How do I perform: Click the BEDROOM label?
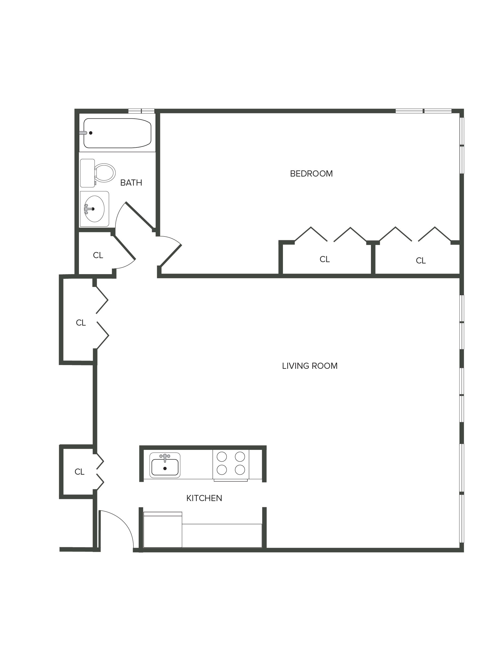click(311, 174)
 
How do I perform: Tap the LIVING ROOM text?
click(310, 366)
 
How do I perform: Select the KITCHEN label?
click(204, 498)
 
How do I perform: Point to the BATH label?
click(131, 183)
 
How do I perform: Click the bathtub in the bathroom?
click(117, 133)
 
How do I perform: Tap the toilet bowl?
click(105, 173)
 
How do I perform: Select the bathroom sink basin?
click(94, 209)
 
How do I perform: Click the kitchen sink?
click(165, 467)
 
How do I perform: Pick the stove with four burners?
click(231, 463)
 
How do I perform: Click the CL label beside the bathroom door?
click(98, 255)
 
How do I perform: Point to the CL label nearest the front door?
click(79, 472)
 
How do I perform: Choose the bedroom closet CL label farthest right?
click(420, 261)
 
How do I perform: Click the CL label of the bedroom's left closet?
click(325, 259)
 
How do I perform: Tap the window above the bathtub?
click(141, 111)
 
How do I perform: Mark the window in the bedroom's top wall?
click(423, 111)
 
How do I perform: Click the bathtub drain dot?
click(91, 133)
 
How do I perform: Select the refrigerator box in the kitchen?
click(163, 530)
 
